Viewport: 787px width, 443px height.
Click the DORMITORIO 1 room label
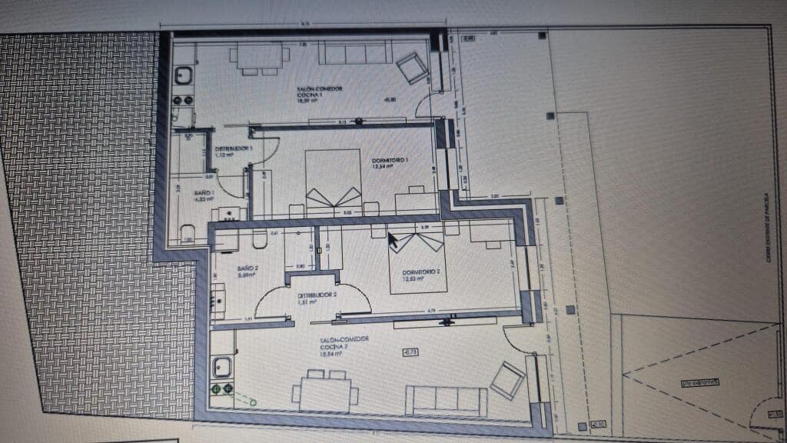click(390, 158)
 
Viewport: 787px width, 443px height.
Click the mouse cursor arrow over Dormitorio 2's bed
click(393, 241)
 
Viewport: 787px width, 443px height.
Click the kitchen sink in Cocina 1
click(184, 75)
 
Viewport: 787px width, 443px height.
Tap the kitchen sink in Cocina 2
click(223, 367)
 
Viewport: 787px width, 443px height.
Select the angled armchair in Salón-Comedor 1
click(412, 68)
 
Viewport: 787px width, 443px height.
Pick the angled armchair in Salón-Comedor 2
click(507, 380)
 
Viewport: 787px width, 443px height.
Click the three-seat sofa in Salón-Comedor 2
click(447, 400)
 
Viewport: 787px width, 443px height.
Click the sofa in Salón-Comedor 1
click(356, 53)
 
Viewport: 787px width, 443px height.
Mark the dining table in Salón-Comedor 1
click(260, 57)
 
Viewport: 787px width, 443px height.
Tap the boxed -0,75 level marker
click(410, 352)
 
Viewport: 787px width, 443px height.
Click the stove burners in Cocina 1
click(184, 100)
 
